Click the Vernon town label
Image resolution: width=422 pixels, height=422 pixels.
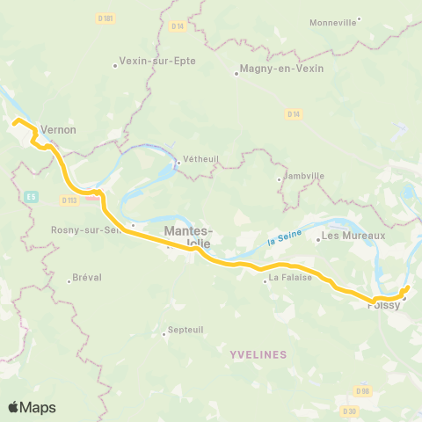tap(59, 129)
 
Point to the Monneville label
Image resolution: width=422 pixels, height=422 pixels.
tap(334, 22)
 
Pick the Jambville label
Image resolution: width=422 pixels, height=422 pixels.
tap(304, 176)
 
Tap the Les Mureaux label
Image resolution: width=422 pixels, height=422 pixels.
tap(353, 236)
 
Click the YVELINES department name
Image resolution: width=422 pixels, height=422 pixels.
tap(258, 354)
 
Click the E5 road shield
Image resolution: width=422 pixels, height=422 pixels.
tap(32, 195)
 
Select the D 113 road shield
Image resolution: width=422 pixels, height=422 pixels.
tap(70, 200)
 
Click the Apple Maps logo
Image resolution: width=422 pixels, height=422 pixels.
tap(32, 407)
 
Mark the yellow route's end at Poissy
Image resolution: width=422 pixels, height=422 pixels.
tap(407, 288)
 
